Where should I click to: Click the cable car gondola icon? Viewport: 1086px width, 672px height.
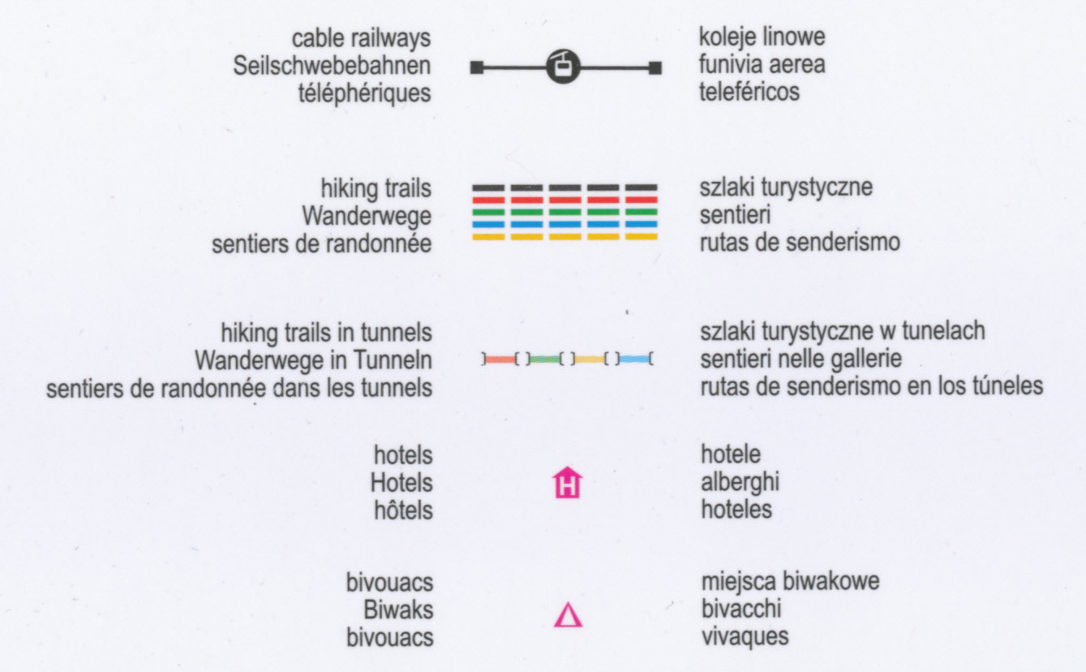(564, 67)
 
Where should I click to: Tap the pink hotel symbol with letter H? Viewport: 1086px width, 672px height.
(568, 484)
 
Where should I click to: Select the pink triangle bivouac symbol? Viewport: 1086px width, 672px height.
(568, 615)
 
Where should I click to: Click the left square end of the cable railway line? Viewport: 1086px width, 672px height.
(477, 67)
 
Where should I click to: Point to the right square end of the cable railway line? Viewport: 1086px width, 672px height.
(655, 67)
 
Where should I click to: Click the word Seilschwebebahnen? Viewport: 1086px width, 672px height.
(332, 66)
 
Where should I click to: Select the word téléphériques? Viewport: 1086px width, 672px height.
(364, 93)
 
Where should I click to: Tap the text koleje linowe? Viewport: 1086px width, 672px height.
(762, 37)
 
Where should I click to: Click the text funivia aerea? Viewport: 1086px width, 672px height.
(762, 64)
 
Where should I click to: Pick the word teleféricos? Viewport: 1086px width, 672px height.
(749, 91)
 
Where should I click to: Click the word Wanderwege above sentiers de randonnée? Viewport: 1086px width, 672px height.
(367, 216)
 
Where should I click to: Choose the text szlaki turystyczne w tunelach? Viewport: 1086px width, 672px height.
(843, 331)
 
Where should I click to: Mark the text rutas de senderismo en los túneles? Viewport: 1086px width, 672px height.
(872, 386)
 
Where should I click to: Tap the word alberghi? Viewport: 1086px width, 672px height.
(740, 483)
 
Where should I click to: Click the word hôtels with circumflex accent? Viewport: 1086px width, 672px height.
(403, 510)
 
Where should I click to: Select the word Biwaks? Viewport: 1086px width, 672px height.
(399, 610)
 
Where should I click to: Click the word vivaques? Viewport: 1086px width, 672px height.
(745, 635)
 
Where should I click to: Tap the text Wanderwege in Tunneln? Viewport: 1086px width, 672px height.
(314, 359)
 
